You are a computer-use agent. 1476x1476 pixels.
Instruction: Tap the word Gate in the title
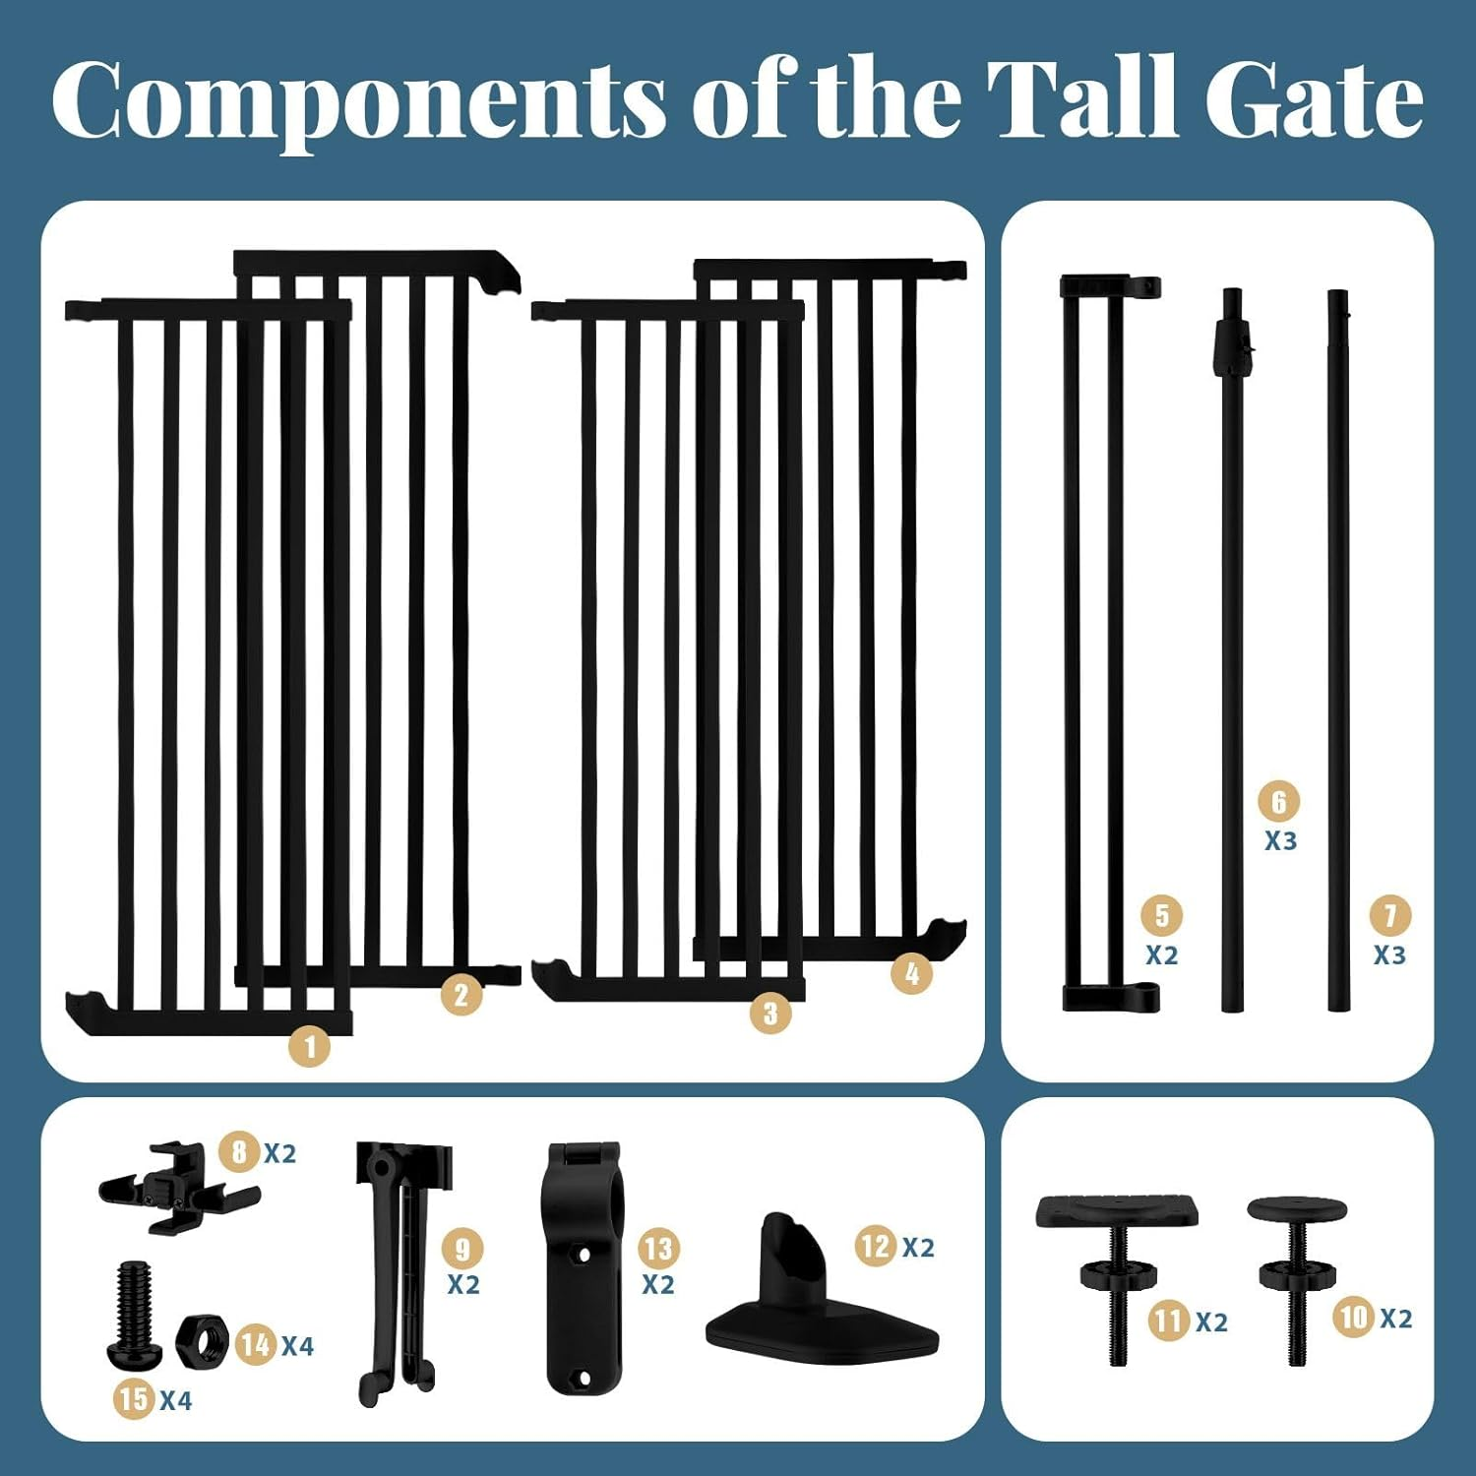pyautogui.click(x=1314, y=98)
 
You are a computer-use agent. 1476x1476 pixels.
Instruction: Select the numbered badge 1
pyautogui.click(x=310, y=1046)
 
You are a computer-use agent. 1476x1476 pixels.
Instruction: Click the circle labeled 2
pyautogui.click(x=461, y=995)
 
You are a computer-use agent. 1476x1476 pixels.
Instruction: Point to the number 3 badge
pyautogui.click(x=770, y=1013)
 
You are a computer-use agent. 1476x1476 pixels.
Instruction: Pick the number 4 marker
pyautogui.click(x=911, y=974)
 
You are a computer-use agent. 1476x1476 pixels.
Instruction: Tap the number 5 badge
pyautogui.click(x=1162, y=915)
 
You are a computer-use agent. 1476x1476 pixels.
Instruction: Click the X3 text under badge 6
pyautogui.click(x=1280, y=841)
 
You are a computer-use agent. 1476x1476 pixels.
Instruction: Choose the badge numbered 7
pyautogui.click(x=1390, y=916)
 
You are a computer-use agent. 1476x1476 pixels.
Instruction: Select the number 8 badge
pyautogui.click(x=239, y=1150)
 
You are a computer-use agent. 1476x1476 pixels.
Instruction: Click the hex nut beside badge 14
pyautogui.click(x=202, y=1339)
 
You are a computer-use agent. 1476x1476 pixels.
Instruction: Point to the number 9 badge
pyautogui.click(x=462, y=1249)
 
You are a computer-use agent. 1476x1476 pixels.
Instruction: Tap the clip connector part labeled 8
pyautogui.click(x=177, y=1186)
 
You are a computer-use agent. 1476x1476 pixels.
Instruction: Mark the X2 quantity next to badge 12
pyautogui.click(x=918, y=1248)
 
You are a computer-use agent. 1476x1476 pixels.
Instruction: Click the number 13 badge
pyautogui.click(x=658, y=1249)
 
